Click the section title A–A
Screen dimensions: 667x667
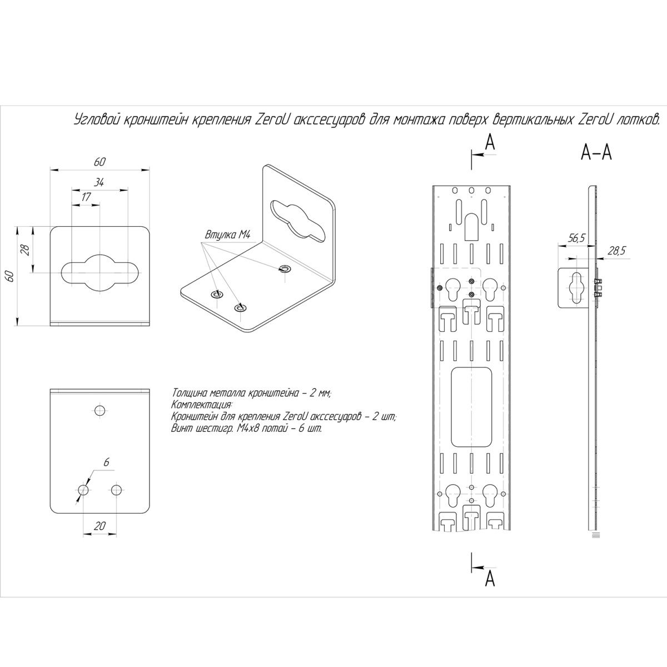coord(596,152)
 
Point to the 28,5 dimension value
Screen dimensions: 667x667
coord(616,251)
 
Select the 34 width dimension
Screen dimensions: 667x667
coord(100,182)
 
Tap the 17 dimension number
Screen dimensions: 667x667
coord(86,197)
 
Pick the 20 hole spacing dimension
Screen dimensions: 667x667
coord(100,526)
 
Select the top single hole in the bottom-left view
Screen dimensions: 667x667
coord(100,411)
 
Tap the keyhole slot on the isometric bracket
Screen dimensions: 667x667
coord(298,221)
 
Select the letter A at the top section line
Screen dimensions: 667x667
coord(489,143)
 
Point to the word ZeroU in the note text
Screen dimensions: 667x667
coord(296,416)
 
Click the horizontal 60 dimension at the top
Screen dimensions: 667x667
coord(100,162)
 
